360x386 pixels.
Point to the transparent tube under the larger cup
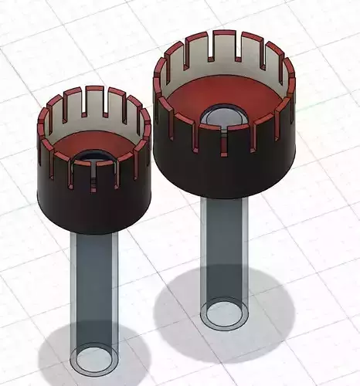pos(224,247)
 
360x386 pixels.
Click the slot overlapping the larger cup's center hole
pos(224,139)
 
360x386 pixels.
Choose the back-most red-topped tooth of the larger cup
pos(224,34)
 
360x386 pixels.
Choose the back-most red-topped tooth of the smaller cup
pos(94,89)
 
